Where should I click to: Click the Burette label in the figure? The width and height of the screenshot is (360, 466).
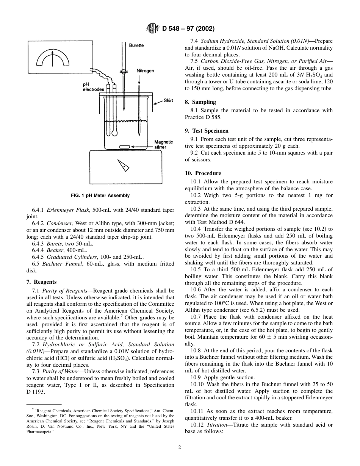[x=136, y=45]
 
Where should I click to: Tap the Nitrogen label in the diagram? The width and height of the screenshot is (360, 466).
[x=145, y=71]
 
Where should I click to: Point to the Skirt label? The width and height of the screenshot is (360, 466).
[x=168, y=101]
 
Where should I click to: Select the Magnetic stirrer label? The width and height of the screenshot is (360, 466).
[x=163, y=144]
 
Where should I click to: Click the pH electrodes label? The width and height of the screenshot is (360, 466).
[x=93, y=87]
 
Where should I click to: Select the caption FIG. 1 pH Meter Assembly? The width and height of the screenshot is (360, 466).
[x=100, y=195]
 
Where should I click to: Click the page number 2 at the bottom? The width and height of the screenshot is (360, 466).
[x=180, y=447]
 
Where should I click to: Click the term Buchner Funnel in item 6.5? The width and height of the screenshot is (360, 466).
[x=57, y=264]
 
